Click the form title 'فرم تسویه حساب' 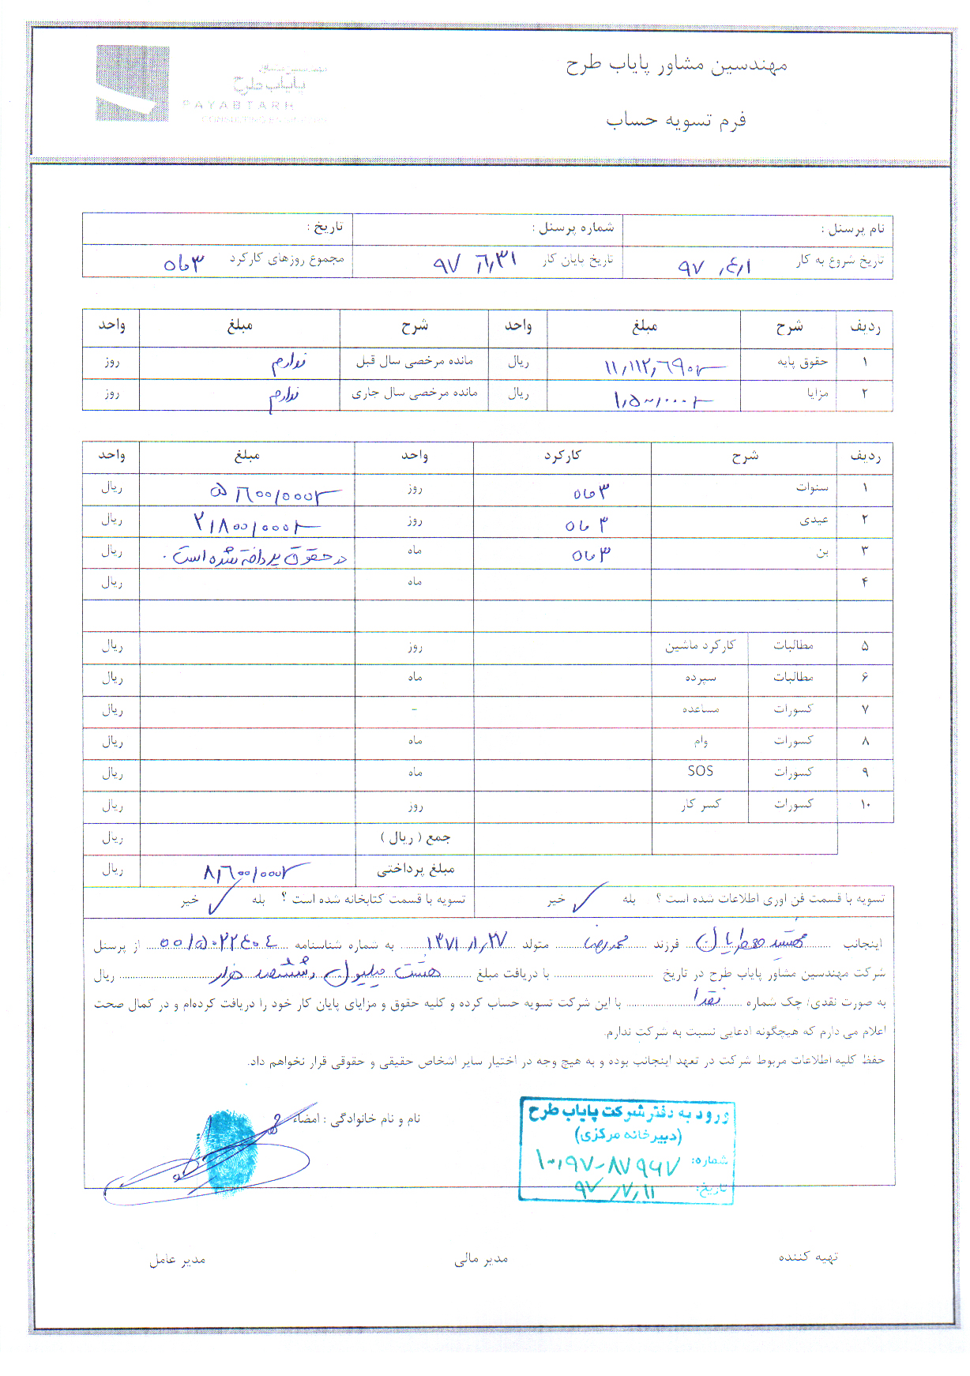tap(676, 120)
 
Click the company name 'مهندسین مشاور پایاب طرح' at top tap(676, 65)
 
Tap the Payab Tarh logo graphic tap(133, 83)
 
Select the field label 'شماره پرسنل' tap(576, 228)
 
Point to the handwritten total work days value tap(183, 263)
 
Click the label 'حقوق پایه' tap(803, 362)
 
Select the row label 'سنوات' tap(812, 487)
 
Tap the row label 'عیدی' tap(814, 520)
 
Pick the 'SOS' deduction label tap(700, 771)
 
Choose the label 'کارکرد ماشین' tap(700, 645)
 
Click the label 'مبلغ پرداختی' tap(415, 870)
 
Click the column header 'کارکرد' tap(562, 456)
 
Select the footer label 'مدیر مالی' tap(481, 1259)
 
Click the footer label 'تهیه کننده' tap(808, 1257)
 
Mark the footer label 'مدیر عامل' tap(178, 1259)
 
